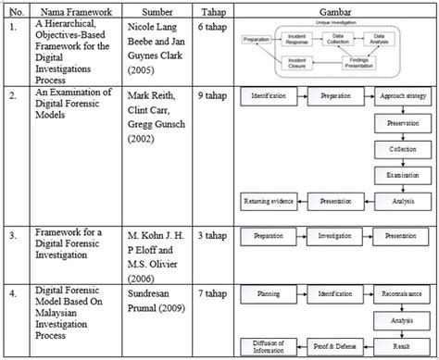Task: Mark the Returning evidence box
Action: click(268, 199)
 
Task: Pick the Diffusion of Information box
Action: click(268, 345)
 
